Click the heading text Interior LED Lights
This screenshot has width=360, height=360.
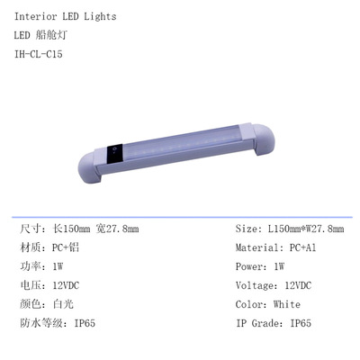point(66,16)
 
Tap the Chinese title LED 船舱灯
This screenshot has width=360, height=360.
point(50,35)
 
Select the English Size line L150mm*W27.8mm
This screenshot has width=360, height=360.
point(289,229)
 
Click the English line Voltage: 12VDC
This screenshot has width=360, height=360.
point(274,285)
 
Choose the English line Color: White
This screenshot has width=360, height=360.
point(269,304)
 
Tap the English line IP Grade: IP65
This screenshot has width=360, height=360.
point(274,323)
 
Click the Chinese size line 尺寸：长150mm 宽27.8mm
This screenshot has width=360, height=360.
point(79,229)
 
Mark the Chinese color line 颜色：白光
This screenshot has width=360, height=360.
point(49,304)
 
